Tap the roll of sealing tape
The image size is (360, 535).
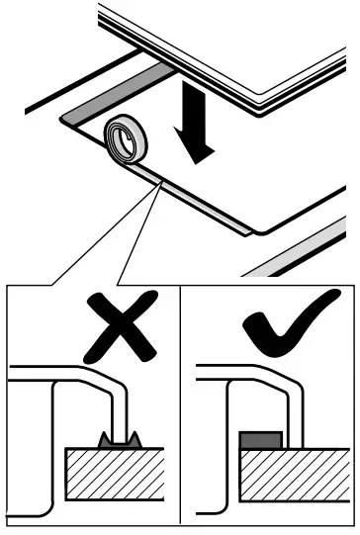click(x=126, y=139)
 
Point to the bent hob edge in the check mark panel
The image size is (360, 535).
click(x=293, y=396)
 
